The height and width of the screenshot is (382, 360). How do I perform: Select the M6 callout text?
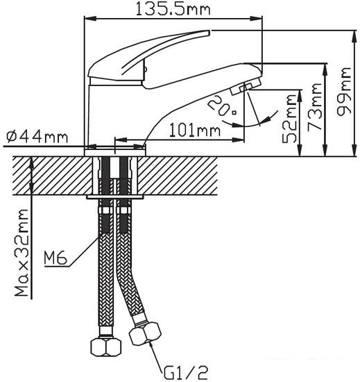point(55,259)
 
